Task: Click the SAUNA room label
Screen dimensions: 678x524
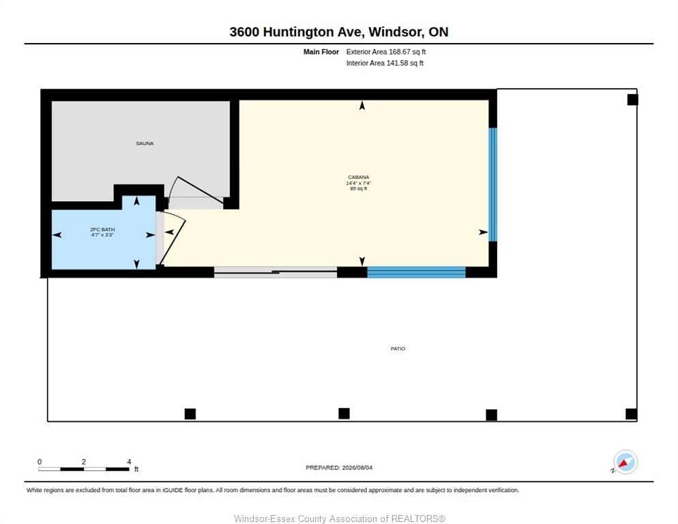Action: coord(145,143)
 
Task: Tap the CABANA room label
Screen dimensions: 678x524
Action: coord(359,177)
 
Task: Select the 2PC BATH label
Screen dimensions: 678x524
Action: coord(102,229)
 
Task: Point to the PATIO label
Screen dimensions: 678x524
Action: coord(398,349)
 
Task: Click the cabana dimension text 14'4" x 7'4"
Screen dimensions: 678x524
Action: coord(359,183)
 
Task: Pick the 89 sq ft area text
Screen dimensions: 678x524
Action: coord(359,189)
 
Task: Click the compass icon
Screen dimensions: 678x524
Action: coord(625,462)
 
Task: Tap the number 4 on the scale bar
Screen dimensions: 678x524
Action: coord(129,462)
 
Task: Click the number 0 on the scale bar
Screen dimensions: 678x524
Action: coord(40,462)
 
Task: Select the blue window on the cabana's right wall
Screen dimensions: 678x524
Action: coord(492,184)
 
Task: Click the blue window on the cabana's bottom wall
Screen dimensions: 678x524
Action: coord(416,272)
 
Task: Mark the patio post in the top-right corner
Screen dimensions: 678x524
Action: coord(632,100)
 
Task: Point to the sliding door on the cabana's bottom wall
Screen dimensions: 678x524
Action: coord(276,272)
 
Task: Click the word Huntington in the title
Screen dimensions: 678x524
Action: coord(299,32)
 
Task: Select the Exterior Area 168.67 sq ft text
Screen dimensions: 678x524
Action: coord(385,52)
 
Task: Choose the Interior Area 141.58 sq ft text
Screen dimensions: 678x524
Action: coord(385,63)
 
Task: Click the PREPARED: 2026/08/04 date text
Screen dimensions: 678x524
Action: coord(339,468)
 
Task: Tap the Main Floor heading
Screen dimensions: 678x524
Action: coord(321,52)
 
